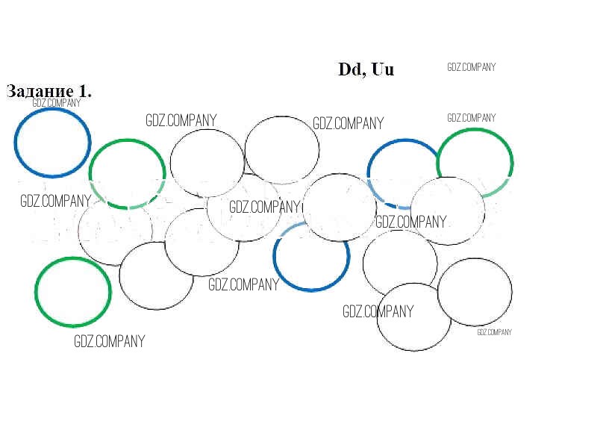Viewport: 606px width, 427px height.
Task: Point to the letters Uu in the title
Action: (382, 69)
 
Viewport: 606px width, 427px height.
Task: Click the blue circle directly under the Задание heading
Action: (52, 143)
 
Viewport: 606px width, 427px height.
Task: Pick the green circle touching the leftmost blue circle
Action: (127, 173)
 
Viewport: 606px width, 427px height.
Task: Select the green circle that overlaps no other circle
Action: (73, 291)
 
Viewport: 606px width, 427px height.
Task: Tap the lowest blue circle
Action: (311, 255)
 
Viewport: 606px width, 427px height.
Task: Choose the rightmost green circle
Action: (475, 163)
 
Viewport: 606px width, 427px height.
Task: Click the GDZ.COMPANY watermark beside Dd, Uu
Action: (471, 67)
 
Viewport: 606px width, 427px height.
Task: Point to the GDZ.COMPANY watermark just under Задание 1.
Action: (56, 103)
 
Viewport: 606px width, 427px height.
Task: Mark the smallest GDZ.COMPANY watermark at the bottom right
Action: (494, 332)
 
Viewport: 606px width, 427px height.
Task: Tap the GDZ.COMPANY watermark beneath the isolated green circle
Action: (109, 341)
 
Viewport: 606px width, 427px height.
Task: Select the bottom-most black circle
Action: (413, 317)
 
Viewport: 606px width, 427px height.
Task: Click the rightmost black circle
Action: (475, 292)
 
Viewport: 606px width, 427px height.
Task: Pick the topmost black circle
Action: (282, 149)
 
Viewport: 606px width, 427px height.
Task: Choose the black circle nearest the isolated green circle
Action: (157, 275)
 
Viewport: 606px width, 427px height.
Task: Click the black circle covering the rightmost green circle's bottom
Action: (448, 211)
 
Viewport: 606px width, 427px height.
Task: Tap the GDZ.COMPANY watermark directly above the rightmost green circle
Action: (471, 117)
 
